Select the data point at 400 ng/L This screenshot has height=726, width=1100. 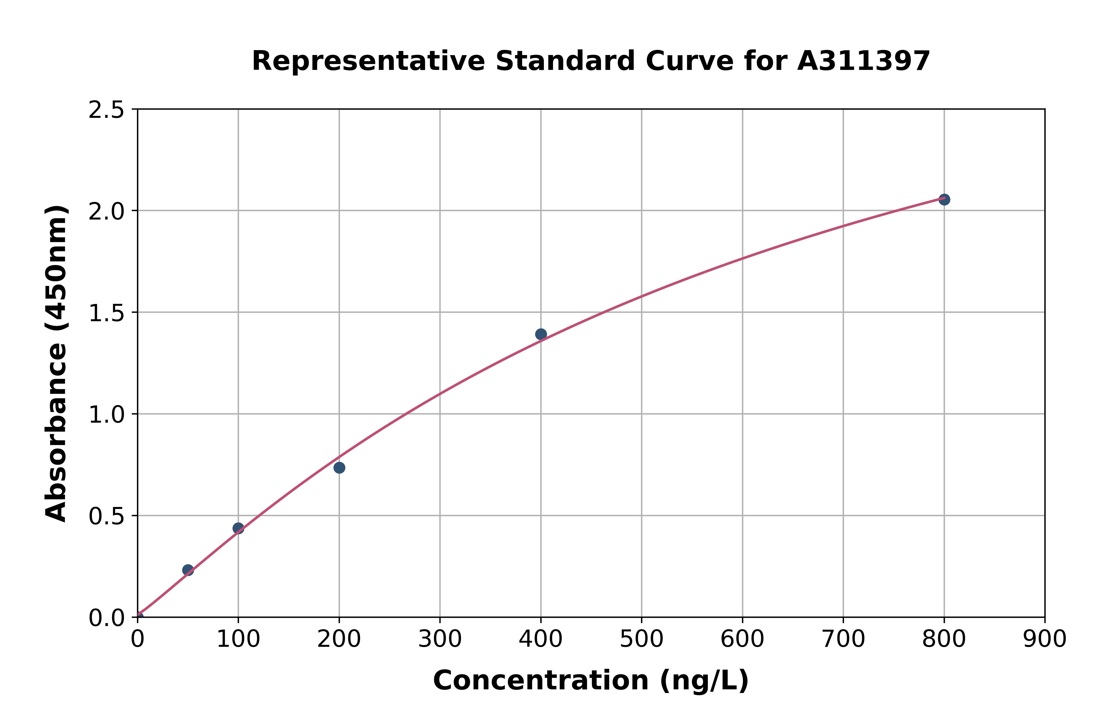coord(541,334)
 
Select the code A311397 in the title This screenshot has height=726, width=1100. coord(863,61)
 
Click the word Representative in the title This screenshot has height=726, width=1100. coord(368,61)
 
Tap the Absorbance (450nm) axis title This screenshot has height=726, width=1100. coord(56,363)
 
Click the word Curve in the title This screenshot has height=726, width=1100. coord(690,61)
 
